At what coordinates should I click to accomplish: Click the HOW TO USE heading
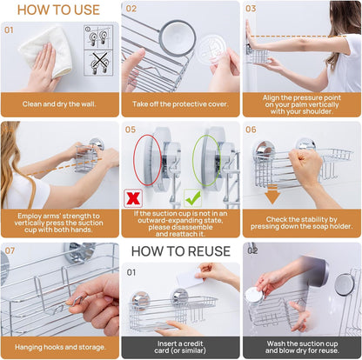[x=58, y=10]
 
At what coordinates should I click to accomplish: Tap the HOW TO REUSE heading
[x=181, y=251]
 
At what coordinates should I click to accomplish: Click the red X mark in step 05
[x=133, y=198]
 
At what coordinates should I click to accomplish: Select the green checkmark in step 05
[x=193, y=197]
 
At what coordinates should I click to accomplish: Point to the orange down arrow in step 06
[x=272, y=195]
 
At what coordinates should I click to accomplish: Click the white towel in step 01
[x=46, y=51]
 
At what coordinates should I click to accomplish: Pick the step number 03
[x=251, y=9]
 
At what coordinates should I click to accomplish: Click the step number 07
[x=10, y=250]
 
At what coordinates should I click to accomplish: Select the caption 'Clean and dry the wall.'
[x=59, y=104]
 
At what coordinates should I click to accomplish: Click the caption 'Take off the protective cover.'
[x=180, y=104]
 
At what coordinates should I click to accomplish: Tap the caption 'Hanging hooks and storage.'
[x=60, y=347]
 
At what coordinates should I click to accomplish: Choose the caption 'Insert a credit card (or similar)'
[x=180, y=347]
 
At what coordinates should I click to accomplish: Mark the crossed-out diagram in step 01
[x=98, y=63]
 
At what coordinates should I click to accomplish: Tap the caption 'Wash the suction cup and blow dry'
[x=302, y=347]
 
